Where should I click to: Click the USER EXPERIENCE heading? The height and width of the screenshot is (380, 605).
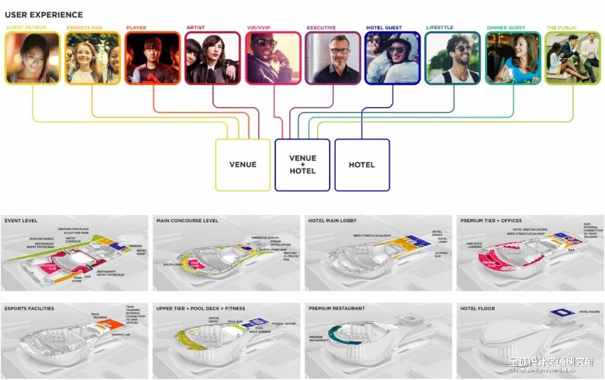tap(43, 15)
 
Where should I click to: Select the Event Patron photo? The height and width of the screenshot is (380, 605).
tap(33, 58)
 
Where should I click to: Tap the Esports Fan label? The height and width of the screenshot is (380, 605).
tap(83, 28)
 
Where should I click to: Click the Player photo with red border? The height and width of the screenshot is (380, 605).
tap(153, 58)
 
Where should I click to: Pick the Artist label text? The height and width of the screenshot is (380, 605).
tap(195, 28)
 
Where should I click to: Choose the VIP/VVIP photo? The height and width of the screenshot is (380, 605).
tap(273, 58)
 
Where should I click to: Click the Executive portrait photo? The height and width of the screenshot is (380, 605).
tap(333, 58)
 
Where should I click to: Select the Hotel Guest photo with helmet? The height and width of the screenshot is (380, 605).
tap(393, 58)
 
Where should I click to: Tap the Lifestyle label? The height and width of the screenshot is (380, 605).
tap(440, 28)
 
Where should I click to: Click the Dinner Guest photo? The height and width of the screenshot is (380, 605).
tap(513, 58)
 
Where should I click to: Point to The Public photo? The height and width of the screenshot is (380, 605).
tap(572, 58)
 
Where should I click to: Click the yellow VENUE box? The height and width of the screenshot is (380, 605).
tap(243, 164)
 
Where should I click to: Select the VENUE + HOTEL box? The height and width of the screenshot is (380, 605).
tap(302, 164)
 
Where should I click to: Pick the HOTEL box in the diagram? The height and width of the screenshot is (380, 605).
tap(362, 164)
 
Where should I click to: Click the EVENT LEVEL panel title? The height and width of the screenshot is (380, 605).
tap(21, 221)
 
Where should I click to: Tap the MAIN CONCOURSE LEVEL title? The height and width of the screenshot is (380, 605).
tap(187, 221)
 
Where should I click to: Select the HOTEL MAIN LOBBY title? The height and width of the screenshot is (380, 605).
tap(332, 221)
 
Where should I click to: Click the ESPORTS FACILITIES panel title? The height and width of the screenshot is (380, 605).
tap(29, 309)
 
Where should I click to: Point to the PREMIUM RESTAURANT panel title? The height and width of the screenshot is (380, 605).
tap(336, 309)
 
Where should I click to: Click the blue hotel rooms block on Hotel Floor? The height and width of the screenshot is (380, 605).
tap(561, 313)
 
